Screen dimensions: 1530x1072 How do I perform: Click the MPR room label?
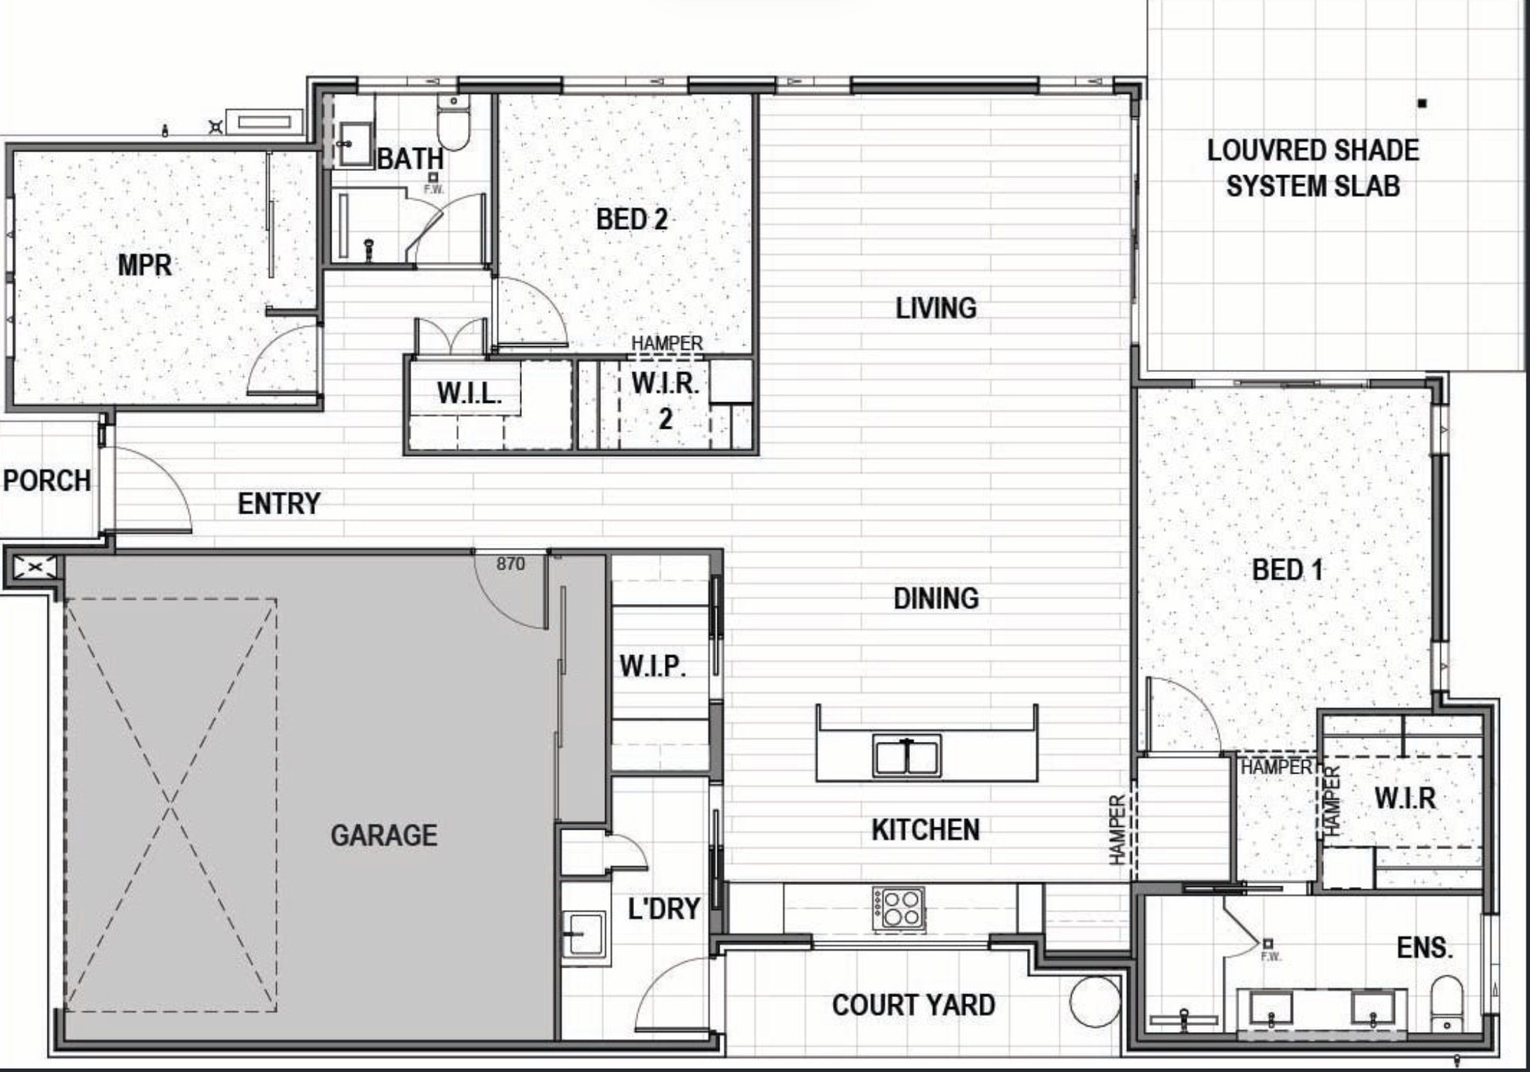click(144, 266)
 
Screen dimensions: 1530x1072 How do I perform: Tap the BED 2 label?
click(631, 219)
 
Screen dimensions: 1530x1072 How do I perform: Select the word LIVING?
click(936, 308)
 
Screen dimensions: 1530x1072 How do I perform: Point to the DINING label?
click(936, 598)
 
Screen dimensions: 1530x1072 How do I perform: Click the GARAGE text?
click(384, 835)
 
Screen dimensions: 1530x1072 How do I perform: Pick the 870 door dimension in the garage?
click(510, 564)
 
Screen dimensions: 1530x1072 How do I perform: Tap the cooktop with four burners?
click(900, 909)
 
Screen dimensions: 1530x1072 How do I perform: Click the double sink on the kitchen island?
click(907, 755)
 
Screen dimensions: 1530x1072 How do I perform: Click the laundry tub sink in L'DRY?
click(583, 933)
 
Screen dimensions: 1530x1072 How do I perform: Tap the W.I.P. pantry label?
click(652, 666)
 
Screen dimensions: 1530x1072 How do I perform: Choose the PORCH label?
click(47, 481)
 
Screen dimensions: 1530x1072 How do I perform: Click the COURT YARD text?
click(914, 1005)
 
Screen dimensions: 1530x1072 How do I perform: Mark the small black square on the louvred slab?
click(1422, 104)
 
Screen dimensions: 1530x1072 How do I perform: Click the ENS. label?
click(1425, 948)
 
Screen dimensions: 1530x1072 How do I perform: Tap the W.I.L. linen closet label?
click(469, 393)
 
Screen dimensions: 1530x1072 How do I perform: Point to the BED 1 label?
click(1288, 570)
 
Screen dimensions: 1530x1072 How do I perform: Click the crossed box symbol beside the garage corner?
click(34, 567)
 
